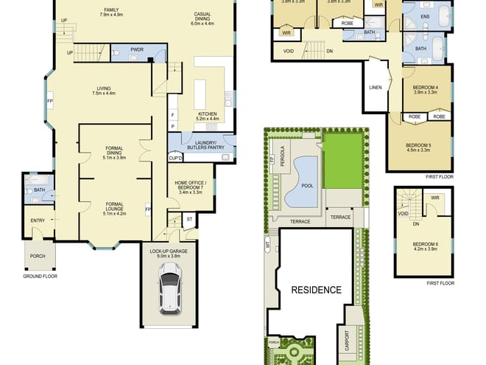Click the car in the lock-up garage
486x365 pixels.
[169, 290]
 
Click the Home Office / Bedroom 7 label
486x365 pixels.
[191, 185]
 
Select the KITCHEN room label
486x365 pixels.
[207, 114]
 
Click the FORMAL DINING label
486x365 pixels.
[114, 153]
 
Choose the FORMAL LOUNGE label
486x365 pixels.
[114, 206]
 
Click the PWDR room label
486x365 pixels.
[136, 50]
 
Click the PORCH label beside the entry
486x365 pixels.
[37, 257]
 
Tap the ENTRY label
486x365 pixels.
[37, 220]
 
